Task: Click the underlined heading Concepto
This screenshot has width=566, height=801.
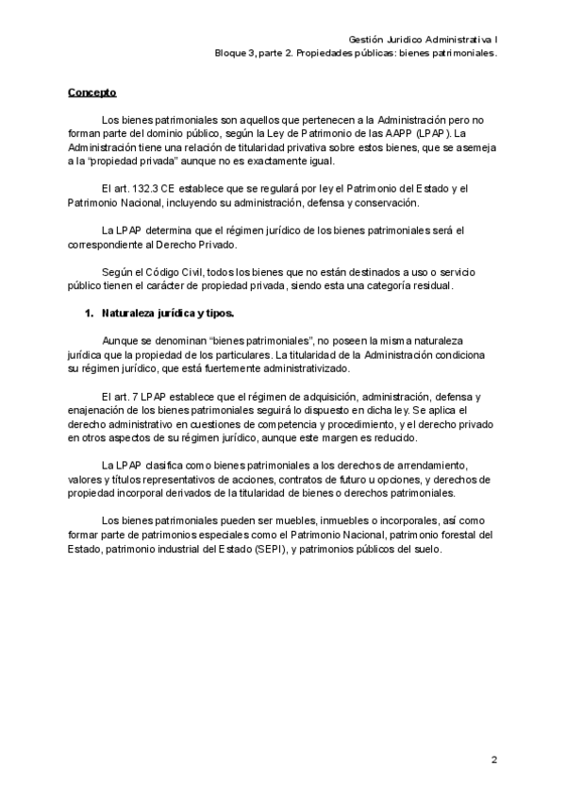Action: click(92, 93)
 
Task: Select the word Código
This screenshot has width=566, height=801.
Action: click(162, 272)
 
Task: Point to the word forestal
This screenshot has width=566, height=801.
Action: click(453, 534)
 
